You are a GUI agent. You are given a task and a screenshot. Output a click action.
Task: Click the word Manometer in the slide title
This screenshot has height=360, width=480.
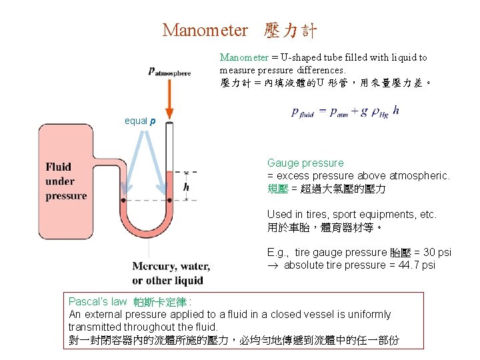click(x=205, y=31)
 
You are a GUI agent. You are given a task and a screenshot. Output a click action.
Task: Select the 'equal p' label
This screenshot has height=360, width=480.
click(x=140, y=121)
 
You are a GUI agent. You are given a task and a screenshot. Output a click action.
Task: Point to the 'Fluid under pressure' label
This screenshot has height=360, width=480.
click(x=66, y=181)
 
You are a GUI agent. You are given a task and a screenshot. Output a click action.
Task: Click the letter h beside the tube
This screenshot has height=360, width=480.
click(x=186, y=187)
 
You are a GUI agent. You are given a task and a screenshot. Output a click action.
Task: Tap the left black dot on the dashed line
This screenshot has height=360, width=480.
click(x=123, y=200)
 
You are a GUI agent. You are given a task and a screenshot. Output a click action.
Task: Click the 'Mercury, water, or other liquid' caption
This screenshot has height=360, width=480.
click(x=171, y=273)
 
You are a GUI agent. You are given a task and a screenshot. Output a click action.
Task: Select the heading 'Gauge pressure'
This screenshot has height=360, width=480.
click(x=305, y=163)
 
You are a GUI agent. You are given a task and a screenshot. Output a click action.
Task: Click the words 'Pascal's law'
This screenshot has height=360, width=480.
click(x=97, y=302)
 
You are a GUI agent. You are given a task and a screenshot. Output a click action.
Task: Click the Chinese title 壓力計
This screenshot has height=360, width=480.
click(x=290, y=31)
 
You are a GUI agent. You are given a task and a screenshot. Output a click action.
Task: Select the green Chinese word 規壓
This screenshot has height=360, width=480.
click(x=278, y=189)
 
